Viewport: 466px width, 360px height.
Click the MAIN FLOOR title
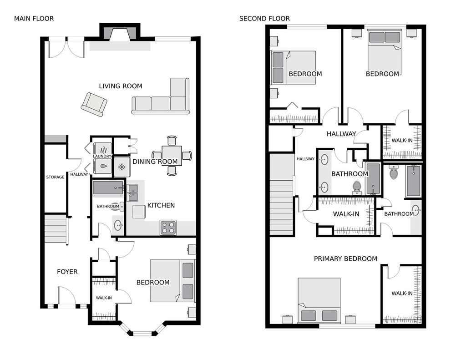click(34, 18)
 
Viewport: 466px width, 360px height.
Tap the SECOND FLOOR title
click(264, 18)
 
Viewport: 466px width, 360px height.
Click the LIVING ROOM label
click(121, 86)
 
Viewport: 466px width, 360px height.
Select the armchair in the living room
click(94, 104)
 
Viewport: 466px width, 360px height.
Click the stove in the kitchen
click(168, 228)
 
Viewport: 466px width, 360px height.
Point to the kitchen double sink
click(133, 193)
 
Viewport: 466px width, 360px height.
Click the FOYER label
click(67, 271)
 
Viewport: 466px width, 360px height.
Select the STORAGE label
click(55, 177)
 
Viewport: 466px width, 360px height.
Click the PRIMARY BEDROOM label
click(346, 259)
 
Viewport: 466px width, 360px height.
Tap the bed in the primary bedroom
click(319, 300)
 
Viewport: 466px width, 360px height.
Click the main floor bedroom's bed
click(172, 281)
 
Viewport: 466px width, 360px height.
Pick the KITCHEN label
click(161, 205)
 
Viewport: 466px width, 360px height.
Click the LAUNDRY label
click(102, 156)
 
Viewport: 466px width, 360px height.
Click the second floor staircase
click(282, 195)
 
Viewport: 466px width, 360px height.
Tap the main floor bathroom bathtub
click(108, 188)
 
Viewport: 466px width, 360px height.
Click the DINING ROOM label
click(155, 162)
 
